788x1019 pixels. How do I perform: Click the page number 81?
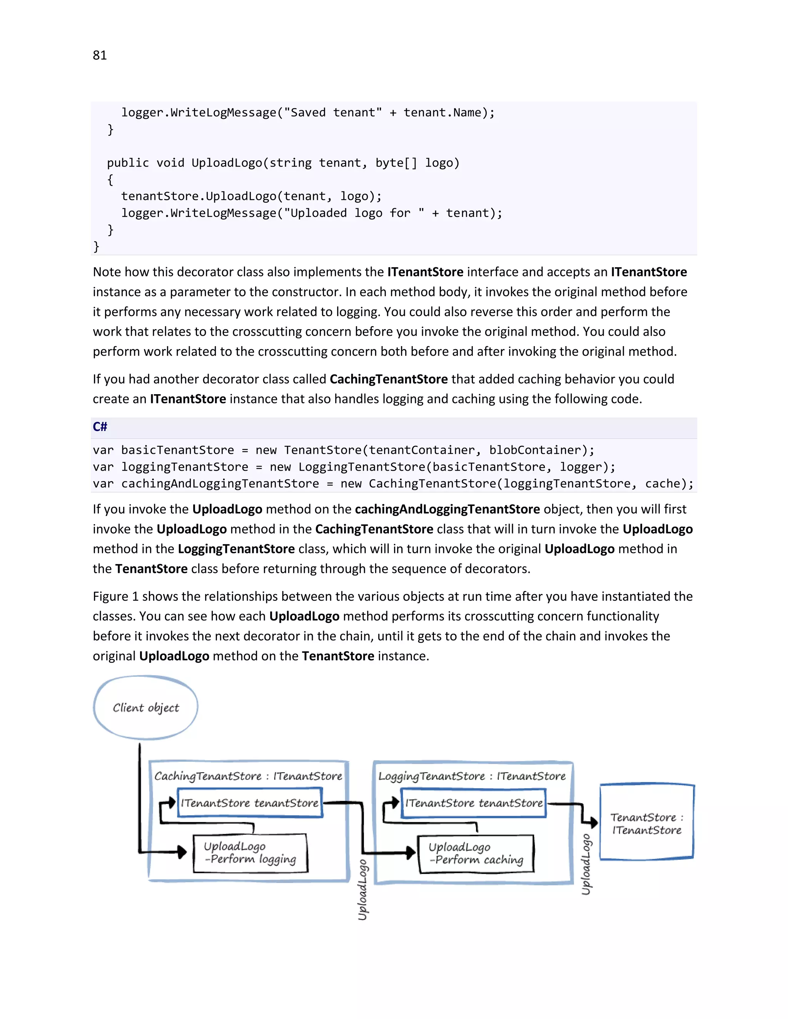(99, 55)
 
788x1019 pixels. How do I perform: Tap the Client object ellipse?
(146, 707)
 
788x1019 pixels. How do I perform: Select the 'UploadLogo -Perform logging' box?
(250, 852)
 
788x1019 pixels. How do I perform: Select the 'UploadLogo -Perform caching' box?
(476, 853)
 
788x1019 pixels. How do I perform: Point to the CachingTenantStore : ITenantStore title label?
(248, 776)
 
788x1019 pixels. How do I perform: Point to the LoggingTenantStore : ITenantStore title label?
(472, 776)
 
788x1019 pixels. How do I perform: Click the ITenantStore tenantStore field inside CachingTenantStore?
(250, 803)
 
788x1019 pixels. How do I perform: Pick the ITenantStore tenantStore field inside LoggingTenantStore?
(474, 803)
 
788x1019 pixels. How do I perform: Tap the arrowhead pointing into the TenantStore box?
(593, 822)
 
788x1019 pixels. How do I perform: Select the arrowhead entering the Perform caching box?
(411, 852)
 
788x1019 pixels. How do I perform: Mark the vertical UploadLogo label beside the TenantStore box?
(586, 864)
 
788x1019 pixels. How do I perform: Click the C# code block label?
(100, 426)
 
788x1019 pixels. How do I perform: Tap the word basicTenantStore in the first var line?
(177, 450)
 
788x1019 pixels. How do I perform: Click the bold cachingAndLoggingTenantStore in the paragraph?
(447, 509)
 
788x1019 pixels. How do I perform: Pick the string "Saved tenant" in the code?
(333, 112)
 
